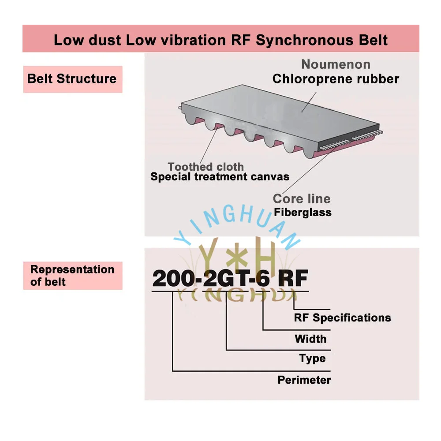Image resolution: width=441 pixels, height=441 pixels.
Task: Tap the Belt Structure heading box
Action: pos(72,79)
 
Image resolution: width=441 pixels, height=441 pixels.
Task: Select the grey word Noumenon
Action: pos(336,64)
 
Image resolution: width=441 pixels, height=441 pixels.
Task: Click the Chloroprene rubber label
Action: pos(336,79)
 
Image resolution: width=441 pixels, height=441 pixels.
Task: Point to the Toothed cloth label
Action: pos(206,167)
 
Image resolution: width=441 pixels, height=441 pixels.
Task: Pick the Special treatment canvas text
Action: pos(220,177)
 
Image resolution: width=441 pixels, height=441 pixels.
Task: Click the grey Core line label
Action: pos(302,198)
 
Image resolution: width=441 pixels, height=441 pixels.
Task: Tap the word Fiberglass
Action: pos(303,213)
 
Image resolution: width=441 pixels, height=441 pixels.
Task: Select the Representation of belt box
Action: pos(72,276)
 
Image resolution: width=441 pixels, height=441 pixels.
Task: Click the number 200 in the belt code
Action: pos(170,279)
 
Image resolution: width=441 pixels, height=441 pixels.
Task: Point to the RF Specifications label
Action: pos(342,318)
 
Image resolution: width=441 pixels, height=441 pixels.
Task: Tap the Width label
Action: pos(310,339)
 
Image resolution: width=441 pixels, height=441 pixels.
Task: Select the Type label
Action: pos(312,359)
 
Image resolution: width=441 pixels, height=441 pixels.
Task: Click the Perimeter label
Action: pos(304,380)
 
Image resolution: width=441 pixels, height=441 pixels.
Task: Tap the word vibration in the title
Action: pos(188,40)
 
